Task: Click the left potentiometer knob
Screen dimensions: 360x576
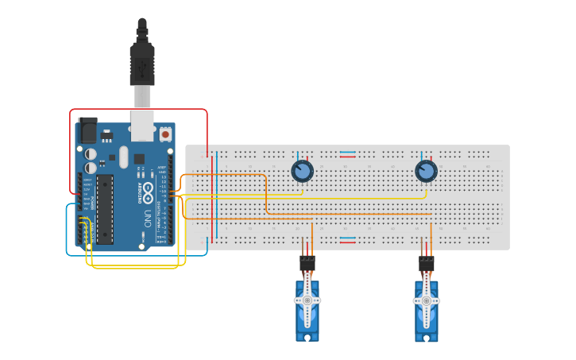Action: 301,171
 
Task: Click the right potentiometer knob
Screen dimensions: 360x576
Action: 426,171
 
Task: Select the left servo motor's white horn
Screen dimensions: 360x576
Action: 307,301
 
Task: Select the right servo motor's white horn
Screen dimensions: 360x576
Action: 426,301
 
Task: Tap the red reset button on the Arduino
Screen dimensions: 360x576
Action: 165,134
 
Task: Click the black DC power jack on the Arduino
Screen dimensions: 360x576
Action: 87,130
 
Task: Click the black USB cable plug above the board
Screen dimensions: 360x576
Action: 142,64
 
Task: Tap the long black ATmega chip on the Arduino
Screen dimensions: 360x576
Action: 104,209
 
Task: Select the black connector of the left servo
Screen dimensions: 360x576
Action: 307,261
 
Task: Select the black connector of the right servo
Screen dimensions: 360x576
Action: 427,261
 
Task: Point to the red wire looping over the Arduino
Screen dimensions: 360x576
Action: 139,110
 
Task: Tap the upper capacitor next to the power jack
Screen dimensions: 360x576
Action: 91,153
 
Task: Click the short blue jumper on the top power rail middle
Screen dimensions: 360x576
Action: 348,152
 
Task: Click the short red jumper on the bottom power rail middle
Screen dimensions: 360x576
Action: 348,242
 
